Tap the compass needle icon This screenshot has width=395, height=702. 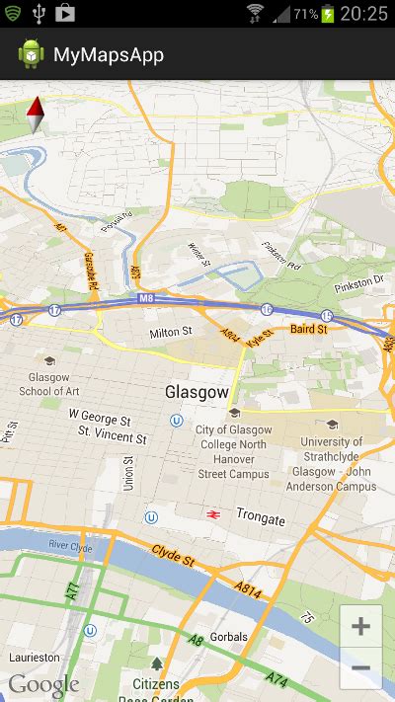(x=36, y=116)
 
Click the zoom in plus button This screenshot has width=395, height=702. (x=361, y=626)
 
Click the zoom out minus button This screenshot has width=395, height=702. (x=361, y=668)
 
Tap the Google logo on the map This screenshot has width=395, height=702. (x=43, y=684)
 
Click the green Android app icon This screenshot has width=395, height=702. (x=31, y=55)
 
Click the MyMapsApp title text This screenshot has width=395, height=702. (x=109, y=55)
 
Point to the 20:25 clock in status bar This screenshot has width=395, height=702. (x=365, y=14)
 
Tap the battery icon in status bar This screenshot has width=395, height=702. (x=328, y=14)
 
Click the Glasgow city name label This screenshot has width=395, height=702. (x=197, y=392)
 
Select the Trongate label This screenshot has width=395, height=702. (x=261, y=519)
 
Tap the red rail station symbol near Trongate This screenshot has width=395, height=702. (x=211, y=514)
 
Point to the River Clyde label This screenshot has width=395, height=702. (x=70, y=545)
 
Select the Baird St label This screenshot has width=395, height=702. (x=308, y=328)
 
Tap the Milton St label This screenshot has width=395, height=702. (x=170, y=334)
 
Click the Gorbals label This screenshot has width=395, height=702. (x=228, y=637)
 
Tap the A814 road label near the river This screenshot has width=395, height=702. (x=249, y=589)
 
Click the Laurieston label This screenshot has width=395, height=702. (x=35, y=657)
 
